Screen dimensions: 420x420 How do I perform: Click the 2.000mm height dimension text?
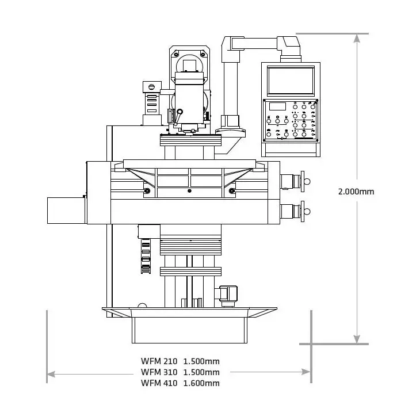pos(356,192)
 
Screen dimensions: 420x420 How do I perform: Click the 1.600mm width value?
pos(201,383)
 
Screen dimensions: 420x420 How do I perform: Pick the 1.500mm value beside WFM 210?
pos(201,361)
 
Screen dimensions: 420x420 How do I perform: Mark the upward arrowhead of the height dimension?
pos(357,37)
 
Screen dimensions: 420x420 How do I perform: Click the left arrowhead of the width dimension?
pos(51,373)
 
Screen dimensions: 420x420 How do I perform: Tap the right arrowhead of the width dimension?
pos(307,373)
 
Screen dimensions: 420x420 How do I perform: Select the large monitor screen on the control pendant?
pos(291,81)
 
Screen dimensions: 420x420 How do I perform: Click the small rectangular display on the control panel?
pos(277,106)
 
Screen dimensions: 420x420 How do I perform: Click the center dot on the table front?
pos(189,190)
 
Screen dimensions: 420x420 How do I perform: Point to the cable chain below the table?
pos(146,256)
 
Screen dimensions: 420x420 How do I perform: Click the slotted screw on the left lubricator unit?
pos(151,86)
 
